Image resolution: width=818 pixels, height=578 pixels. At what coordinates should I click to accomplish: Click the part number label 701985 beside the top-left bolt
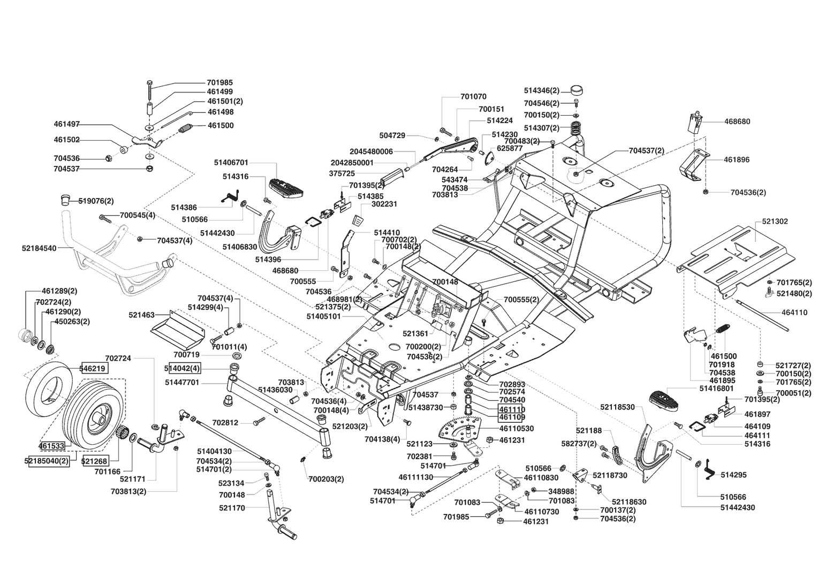[219, 83]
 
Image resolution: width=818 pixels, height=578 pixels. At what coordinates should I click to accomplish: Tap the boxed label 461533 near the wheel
[51, 445]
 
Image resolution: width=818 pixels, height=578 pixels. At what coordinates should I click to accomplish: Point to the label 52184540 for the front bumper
[39, 248]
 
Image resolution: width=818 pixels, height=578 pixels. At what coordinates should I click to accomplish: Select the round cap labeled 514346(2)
[576, 90]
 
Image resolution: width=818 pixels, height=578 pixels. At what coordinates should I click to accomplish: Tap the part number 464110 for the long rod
[794, 313]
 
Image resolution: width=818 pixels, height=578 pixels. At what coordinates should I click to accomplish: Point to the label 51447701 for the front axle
[182, 382]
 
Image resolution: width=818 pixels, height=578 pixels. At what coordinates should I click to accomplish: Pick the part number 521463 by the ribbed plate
[142, 315]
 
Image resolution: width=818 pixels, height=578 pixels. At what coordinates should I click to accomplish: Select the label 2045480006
[371, 151]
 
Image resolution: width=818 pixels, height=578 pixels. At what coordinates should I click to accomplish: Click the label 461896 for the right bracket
[737, 159]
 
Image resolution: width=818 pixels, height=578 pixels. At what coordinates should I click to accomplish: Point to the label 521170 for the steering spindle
[232, 508]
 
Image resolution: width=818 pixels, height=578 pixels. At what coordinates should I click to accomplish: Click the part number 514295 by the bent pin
[733, 475]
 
